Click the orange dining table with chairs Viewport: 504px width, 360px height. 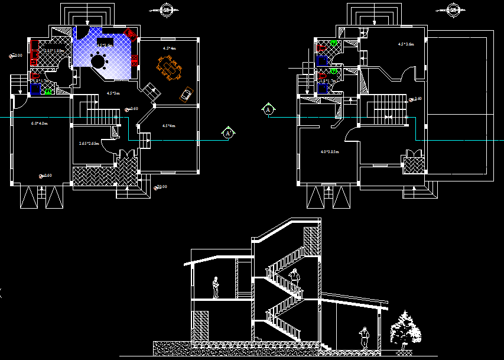click(x=170, y=67)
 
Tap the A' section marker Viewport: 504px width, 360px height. click(x=227, y=133)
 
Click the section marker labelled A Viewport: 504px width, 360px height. click(x=268, y=109)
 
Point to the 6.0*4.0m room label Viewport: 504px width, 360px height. click(x=39, y=124)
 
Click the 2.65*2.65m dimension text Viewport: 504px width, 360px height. click(x=89, y=144)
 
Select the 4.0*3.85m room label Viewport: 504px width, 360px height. click(x=329, y=152)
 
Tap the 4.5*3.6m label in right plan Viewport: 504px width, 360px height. click(x=406, y=44)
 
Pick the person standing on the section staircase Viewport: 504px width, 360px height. click(x=294, y=275)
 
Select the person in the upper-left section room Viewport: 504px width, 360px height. click(x=216, y=287)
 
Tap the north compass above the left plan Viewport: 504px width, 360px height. click(x=167, y=9)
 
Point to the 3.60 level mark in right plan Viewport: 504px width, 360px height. click(x=417, y=99)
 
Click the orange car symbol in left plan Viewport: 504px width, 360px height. click(x=187, y=94)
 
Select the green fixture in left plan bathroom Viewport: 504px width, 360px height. click(x=47, y=91)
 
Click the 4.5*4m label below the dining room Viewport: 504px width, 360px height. click(x=170, y=126)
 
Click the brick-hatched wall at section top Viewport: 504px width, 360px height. click(x=311, y=242)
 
